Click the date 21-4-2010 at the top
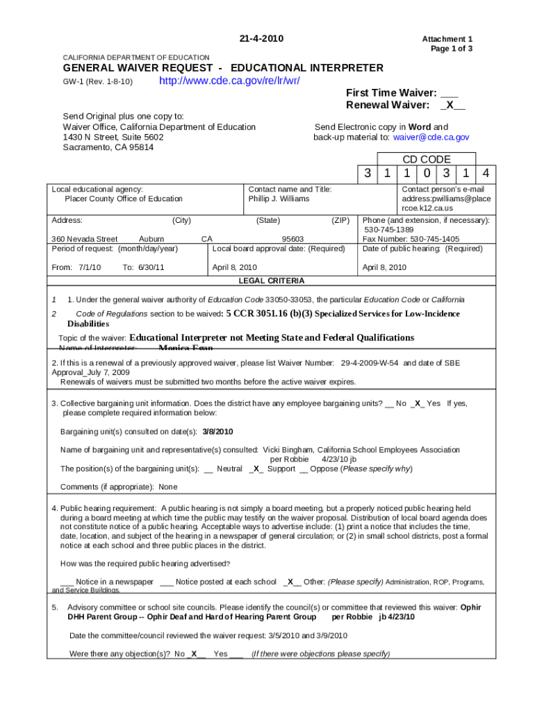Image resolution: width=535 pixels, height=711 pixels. pos(261,38)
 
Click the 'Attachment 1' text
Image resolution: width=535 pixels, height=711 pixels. pos(452,40)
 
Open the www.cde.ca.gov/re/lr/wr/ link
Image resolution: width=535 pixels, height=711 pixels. pos(229,81)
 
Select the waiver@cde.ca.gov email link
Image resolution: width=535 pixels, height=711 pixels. pos(431,137)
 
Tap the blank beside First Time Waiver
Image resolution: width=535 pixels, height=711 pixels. pos(449,92)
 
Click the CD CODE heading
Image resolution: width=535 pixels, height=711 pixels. pos(427,159)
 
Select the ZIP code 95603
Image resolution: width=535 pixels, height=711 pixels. pos(293,239)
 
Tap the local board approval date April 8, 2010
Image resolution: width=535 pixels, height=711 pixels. pos(235,267)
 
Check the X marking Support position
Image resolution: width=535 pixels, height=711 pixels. pos(256,469)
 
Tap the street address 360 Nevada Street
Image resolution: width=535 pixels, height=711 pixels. pos(84,239)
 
